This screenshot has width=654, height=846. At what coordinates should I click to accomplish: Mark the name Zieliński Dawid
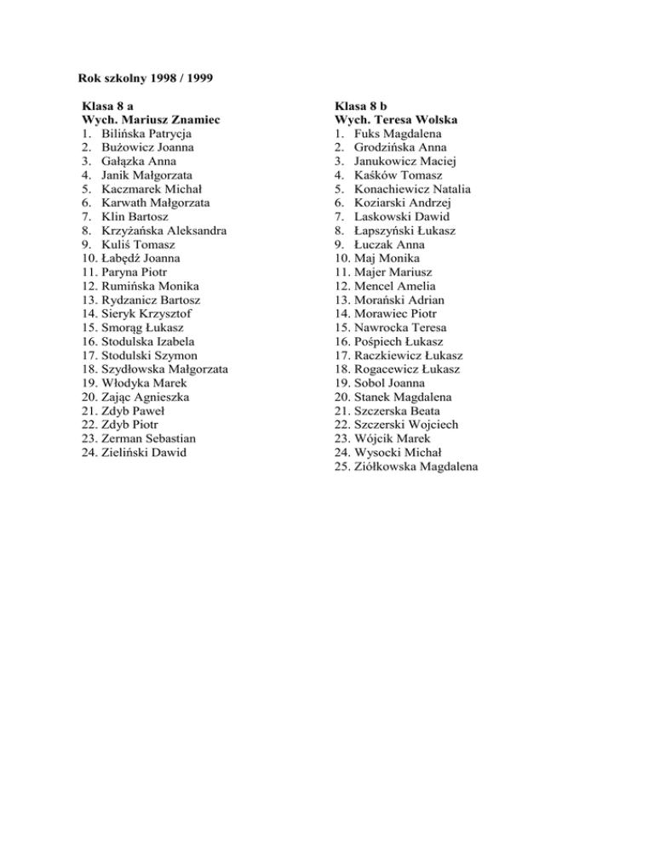click(143, 453)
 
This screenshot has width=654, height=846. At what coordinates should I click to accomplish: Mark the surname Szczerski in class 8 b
click(381, 425)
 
